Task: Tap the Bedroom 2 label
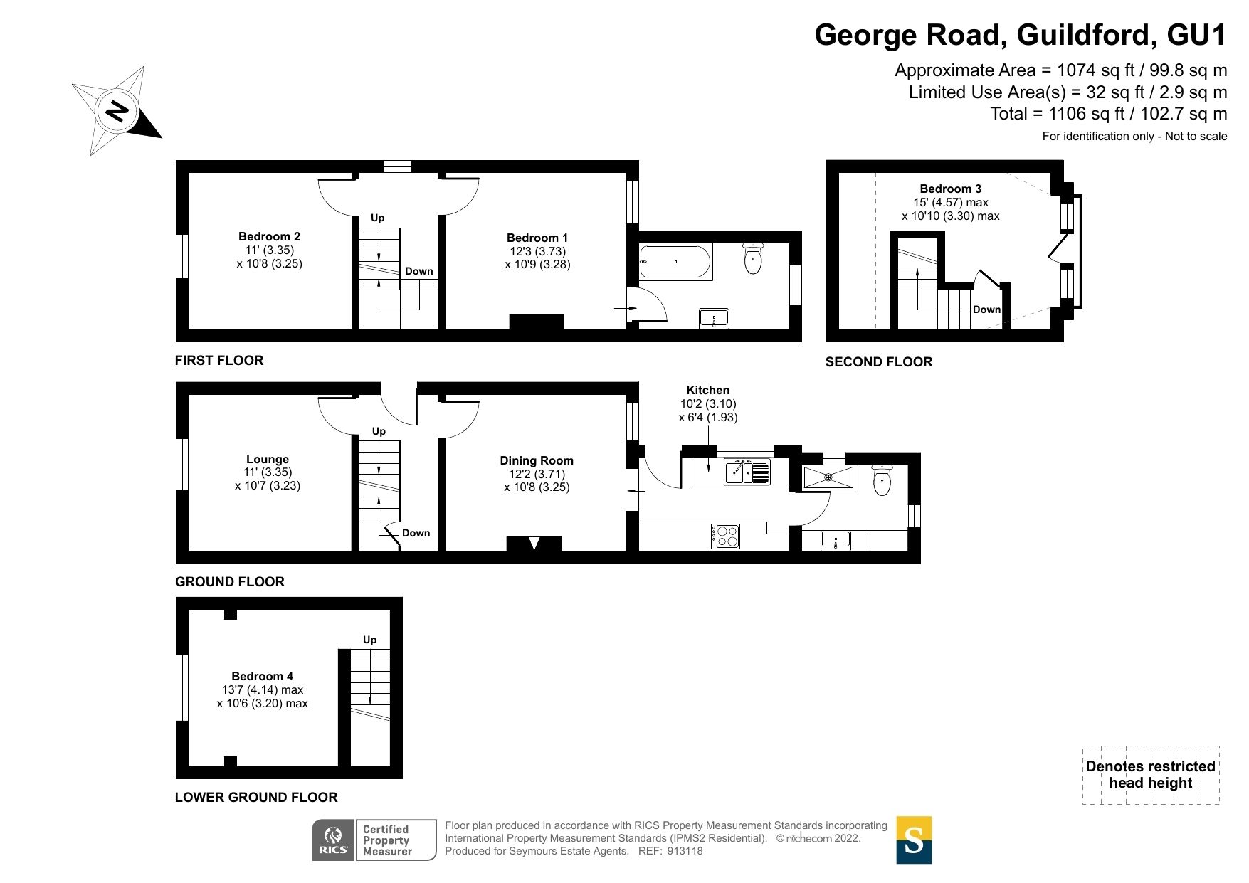[269, 236]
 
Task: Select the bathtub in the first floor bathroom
[675, 262]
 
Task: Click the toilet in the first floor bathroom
[752, 258]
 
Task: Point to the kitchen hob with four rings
[725, 536]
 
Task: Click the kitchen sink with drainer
[747, 472]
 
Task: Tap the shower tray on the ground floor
[828, 477]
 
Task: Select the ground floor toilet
[882, 480]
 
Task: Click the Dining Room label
[537, 460]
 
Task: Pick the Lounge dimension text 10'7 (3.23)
[268, 486]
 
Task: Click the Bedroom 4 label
[262, 676]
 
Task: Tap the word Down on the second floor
[986, 310]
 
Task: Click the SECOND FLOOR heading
[878, 361]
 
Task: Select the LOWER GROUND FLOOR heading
[256, 797]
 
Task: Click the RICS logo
[333, 840]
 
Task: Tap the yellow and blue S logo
[914, 840]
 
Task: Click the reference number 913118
[685, 851]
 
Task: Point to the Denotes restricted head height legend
[1150, 775]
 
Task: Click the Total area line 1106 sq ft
[1108, 114]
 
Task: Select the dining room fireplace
[534, 544]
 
